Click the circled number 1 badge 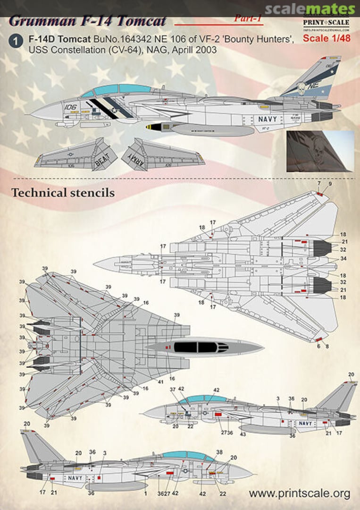point(16,42)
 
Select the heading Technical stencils point(63,193)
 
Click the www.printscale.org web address point(300,494)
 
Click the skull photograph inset point(320,151)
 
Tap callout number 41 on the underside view point(161,382)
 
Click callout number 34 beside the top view point(343,258)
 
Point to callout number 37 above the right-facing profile point(173,389)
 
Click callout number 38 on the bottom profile point(219,452)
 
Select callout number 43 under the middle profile point(243,433)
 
